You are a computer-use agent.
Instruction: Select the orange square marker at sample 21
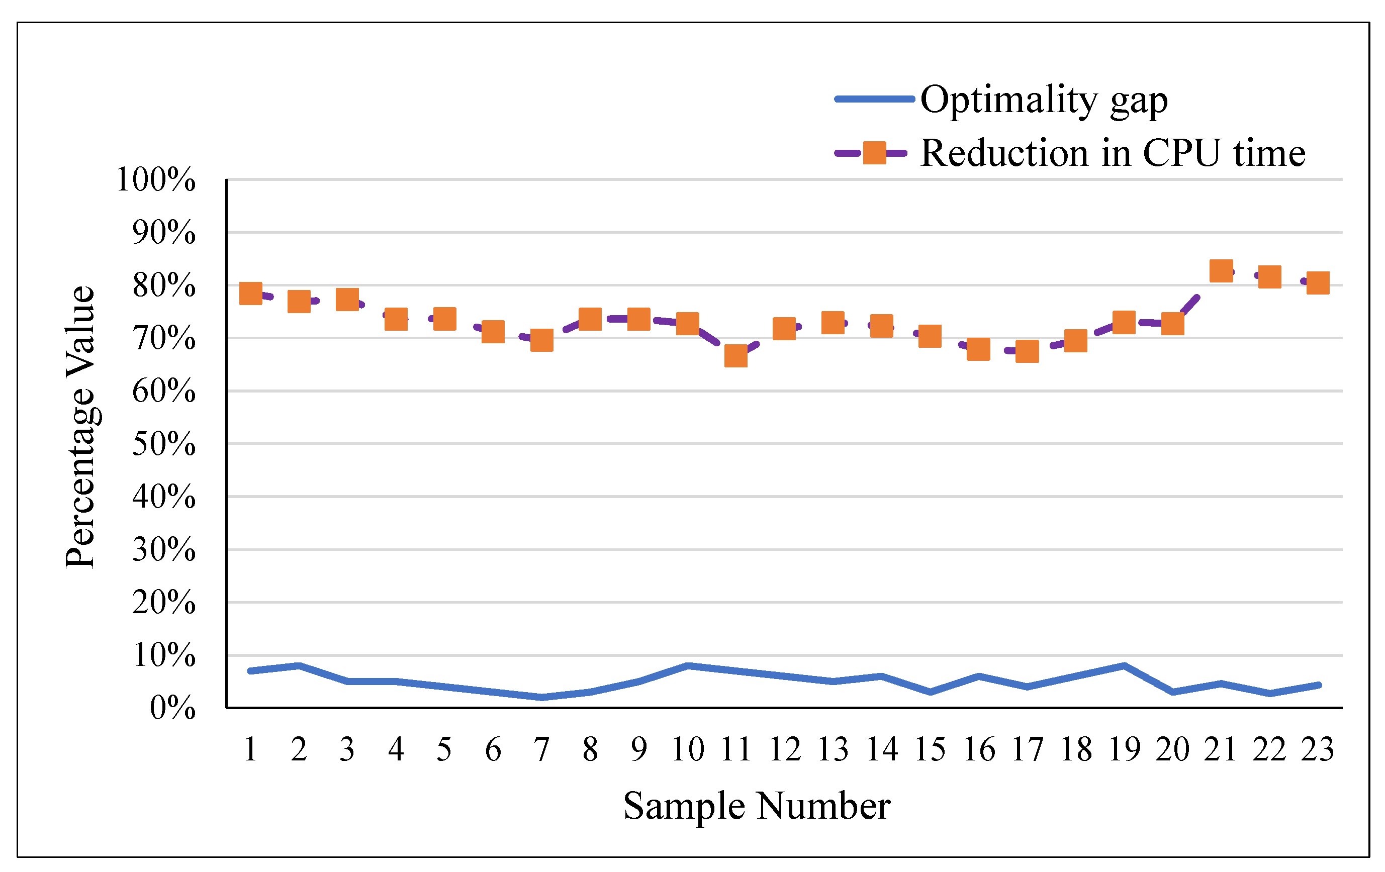pyautogui.click(x=1221, y=270)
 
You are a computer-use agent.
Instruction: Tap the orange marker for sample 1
pyautogui.click(x=251, y=294)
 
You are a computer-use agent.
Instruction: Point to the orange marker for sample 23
pyautogui.click(x=1318, y=282)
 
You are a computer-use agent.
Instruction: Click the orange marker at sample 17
pyautogui.click(x=1027, y=351)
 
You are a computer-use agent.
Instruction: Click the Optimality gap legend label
pyautogui.click(x=1044, y=100)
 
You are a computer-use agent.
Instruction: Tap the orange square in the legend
pyautogui.click(x=874, y=153)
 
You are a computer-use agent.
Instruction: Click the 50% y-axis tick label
pyautogui.click(x=164, y=444)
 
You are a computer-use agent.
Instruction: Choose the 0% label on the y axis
pyautogui.click(x=172, y=708)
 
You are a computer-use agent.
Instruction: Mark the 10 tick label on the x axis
pyautogui.click(x=687, y=749)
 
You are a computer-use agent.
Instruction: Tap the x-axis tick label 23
pyautogui.click(x=1317, y=749)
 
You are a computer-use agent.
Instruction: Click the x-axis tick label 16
pyautogui.click(x=978, y=749)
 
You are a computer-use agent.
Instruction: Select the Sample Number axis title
pyautogui.click(x=757, y=806)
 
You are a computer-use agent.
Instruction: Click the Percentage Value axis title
pyautogui.click(x=80, y=427)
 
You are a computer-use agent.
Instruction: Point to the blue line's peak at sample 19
pyautogui.click(x=1124, y=665)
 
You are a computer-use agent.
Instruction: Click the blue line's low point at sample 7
pyautogui.click(x=542, y=697)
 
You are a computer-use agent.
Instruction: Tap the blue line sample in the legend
pyautogui.click(x=874, y=100)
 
